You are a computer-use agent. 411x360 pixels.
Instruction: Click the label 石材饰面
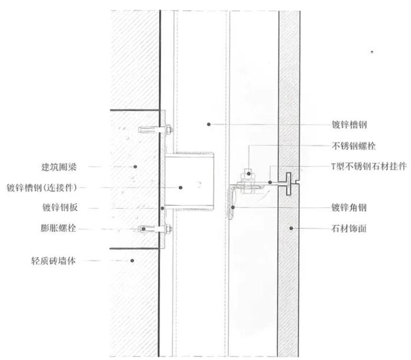pos(349,228)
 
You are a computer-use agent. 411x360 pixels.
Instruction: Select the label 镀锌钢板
pos(60,208)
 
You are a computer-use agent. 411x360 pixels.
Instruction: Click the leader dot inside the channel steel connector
pos(181,187)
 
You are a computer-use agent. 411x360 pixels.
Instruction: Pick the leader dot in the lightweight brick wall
pos(133,260)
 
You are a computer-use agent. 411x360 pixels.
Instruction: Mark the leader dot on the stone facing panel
pos(290,228)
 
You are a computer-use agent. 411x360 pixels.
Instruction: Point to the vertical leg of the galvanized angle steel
pos(234,203)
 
